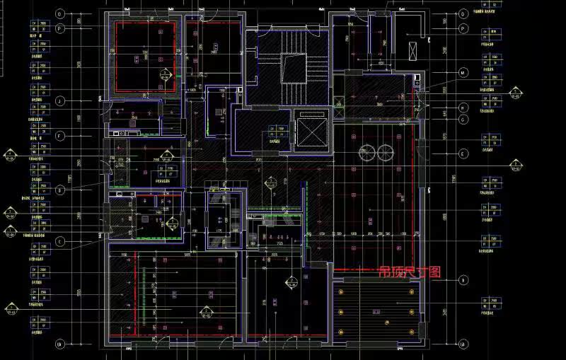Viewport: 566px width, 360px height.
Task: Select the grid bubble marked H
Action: tap(463, 108)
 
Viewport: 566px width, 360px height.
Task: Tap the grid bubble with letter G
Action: tap(463, 120)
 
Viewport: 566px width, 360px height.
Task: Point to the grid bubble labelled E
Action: tap(463, 153)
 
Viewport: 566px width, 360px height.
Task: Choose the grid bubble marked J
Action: tap(60, 101)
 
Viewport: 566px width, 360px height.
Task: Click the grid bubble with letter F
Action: tap(60, 135)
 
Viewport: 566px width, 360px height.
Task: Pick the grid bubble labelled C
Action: tap(60, 242)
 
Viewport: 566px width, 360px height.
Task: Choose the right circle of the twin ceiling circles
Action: tap(385, 151)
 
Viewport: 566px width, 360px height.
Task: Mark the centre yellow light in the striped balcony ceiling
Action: tap(386, 322)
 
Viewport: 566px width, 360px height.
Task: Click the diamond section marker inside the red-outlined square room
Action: tap(166, 74)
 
